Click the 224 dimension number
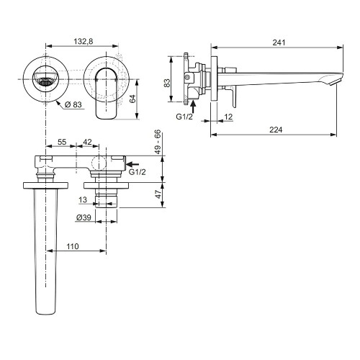276,130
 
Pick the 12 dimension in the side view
228,117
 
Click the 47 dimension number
157,193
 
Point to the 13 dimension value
84,199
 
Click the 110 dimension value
72,246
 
